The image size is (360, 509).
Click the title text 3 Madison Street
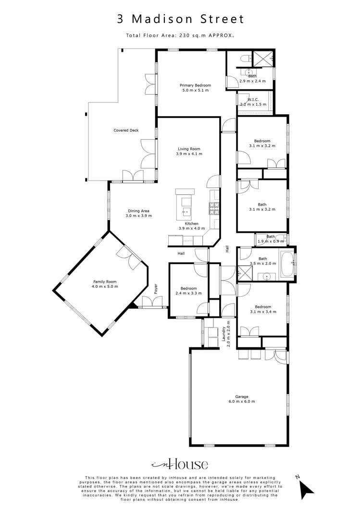[180, 19]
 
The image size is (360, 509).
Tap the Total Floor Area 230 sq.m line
[180, 35]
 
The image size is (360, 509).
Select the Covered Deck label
[126, 130]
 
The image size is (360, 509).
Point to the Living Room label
[189, 149]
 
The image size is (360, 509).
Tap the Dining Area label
[138, 211]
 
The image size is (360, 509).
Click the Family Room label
[105, 282]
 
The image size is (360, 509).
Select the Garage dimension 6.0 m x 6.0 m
[241, 401]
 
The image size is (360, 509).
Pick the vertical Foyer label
[156, 289]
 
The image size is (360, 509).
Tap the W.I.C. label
[254, 99]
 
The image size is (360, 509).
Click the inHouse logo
[180, 464]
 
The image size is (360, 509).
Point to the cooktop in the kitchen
[213, 208]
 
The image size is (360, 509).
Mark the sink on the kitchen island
[185, 211]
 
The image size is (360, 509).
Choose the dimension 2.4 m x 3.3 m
[188, 293]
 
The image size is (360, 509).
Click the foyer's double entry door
[153, 303]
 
